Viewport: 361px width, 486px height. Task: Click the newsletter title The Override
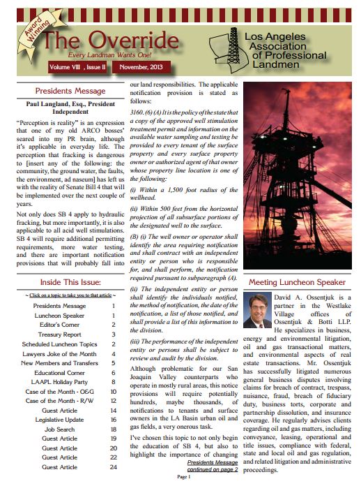pyautogui.click(x=112, y=40)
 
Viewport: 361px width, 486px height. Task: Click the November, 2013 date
pyautogui.click(x=141, y=67)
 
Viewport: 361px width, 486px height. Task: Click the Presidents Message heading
pyautogui.click(x=70, y=91)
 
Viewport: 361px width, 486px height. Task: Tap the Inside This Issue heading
pyautogui.click(x=70, y=282)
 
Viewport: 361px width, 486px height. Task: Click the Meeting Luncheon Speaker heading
pyautogui.click(x=298, y=282)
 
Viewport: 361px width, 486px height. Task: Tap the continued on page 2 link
pyautogui.click(x=213, y=469)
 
